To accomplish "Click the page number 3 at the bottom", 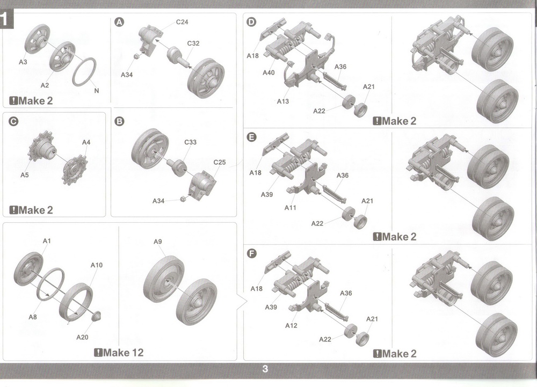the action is click(265, 369).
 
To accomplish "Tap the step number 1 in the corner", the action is click(4, 20).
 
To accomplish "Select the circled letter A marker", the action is click(119, 23).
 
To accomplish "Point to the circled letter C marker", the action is click(13, 121).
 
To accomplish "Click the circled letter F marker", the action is click(252, 253).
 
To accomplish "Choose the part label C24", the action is click(182, 22).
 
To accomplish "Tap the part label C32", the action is click(193, 43).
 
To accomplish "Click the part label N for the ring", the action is click(97, 91).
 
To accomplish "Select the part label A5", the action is click(25, 175).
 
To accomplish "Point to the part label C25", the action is click(220, 162).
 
